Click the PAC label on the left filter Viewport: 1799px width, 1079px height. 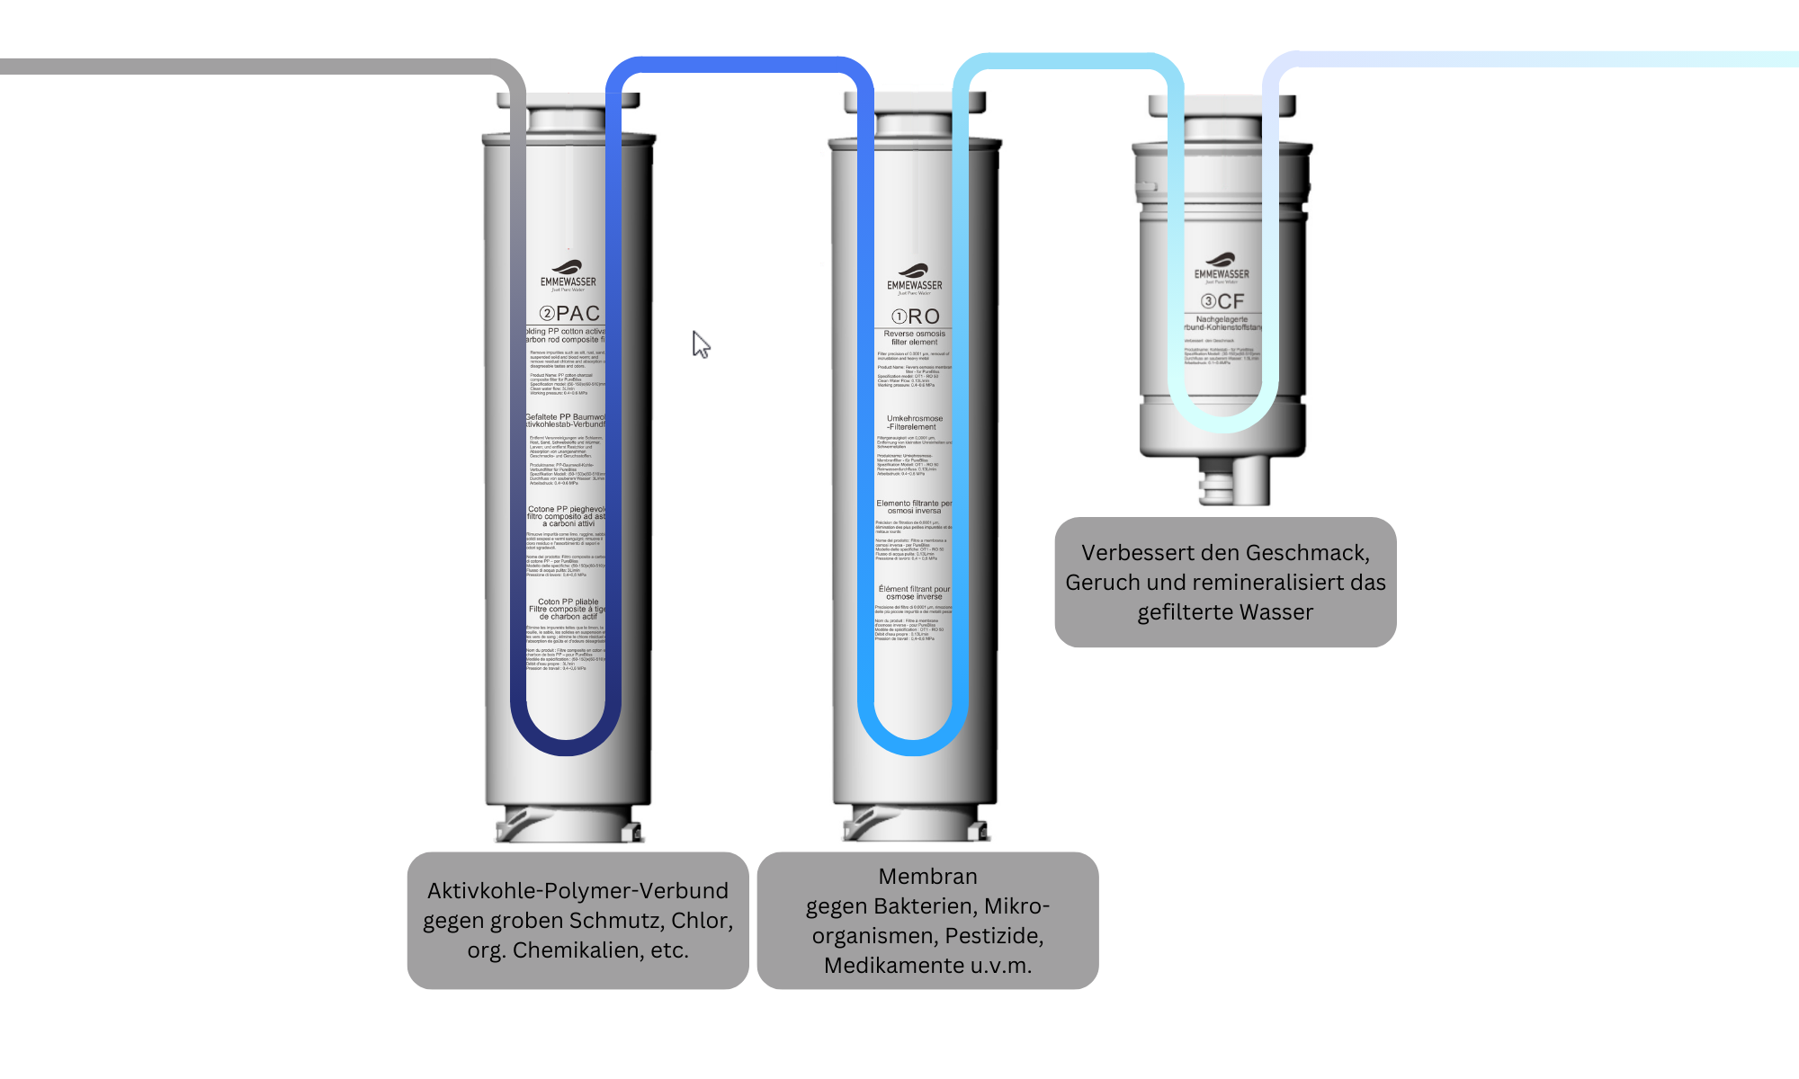[x=569, y=313]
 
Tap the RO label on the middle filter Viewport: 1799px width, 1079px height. [x=916, y=317]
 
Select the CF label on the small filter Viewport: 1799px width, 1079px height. [x=1222, y=301]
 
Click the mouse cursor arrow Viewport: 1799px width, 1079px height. [x=701, y=343]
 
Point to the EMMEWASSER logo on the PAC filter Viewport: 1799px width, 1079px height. [x=568, y=274]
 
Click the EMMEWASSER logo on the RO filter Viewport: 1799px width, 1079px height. [x=915, y=278]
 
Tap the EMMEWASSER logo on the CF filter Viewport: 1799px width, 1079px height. [x=1222, y=267]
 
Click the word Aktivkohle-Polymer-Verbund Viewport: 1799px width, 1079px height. [x=577, y=890]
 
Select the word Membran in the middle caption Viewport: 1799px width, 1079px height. [x=927, y=876]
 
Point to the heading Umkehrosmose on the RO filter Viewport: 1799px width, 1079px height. [x=915, y=418]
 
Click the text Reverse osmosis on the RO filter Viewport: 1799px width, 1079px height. [x=914, y=334]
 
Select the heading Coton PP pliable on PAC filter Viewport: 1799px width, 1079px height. [x=568, y=602]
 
